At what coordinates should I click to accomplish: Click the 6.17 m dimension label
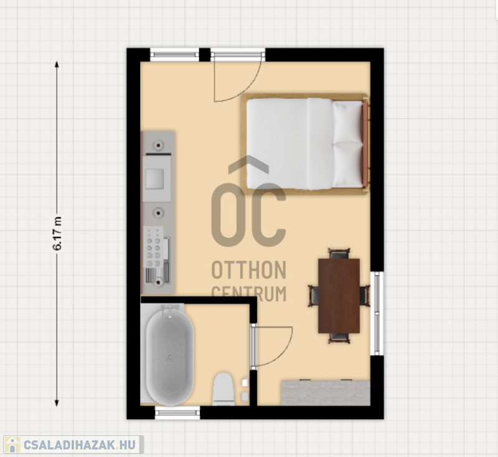pyautogui.click(x=57, y=233)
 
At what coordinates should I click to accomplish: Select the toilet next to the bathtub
pyautogui.click(x=223, y=389)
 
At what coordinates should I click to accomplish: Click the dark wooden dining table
pyautogui.click(x=339, y=296)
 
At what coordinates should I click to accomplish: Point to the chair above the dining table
pyautogui.click(x=339, y=253)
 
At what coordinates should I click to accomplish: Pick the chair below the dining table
pyautogui.click(x=339, y=338)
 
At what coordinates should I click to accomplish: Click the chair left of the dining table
pyautogui.click(x=314, y=296)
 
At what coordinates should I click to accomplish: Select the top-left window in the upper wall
pyautogui.click(x=174, y=55)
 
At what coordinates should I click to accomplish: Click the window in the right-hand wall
pyautogui.click(x=377, y=313)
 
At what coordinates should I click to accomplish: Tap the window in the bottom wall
pyautogui.click(x=177, y=413)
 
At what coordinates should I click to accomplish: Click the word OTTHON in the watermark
pyautogui.click(x=249, y=270)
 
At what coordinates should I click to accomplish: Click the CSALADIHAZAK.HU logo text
pyautogui.click(x=80, y=445)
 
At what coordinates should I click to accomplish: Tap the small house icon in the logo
pyautogui.click(x=12, y=445)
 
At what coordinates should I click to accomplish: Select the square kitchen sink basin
pyautogui.click(x=154, y=179)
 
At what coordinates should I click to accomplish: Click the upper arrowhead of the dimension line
pyautogui.click(x=57, y=65)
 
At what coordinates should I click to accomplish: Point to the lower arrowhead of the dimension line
pyautogui.click(x=57, y=403)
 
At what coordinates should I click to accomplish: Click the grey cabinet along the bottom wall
pyautogui.click(x=326, y=392)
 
